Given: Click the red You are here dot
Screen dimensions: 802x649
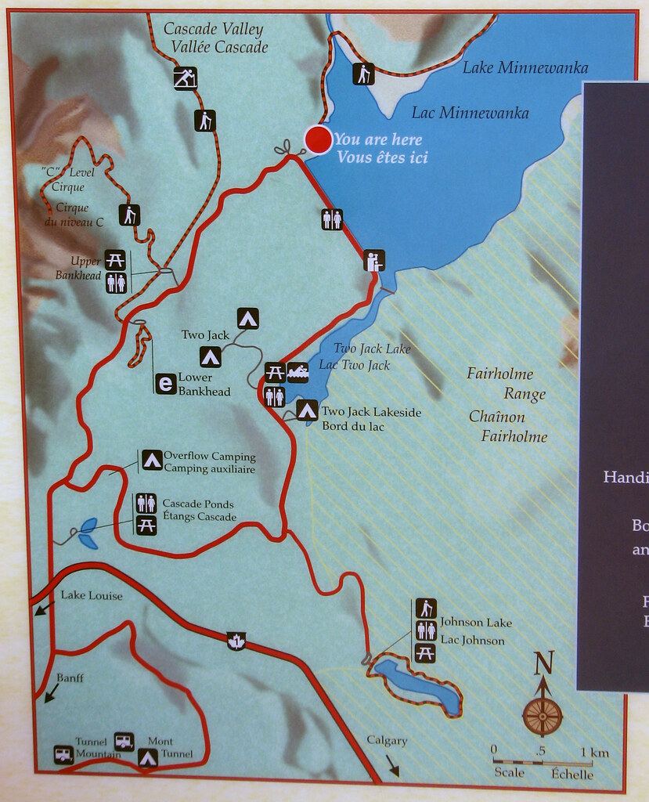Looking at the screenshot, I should click(318, 139).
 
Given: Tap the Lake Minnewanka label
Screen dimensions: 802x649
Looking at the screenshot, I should click(525, 68).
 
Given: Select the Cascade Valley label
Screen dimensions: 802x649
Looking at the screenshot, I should click(213, 30).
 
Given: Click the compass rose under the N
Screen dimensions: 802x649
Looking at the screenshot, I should click(542, 715).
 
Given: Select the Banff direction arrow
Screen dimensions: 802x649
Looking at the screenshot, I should click(51, 692).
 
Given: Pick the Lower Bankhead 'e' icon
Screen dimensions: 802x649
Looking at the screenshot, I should click(165, 384).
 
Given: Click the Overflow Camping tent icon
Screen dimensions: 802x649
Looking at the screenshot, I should click(152, 461).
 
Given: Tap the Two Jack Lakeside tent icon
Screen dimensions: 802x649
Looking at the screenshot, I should click(307, 410).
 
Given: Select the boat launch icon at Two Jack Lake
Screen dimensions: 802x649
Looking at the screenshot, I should click(298, 372).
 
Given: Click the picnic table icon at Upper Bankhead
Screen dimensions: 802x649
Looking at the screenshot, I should click(115, 260).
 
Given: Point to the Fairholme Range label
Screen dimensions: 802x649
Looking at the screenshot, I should click(506, 383).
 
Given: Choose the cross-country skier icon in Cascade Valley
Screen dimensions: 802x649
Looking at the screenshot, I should click(185, 78).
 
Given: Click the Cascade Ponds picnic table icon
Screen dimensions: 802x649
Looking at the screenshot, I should click(146, 526).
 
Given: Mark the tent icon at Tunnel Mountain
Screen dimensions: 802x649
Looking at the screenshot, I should click(147, 757).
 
